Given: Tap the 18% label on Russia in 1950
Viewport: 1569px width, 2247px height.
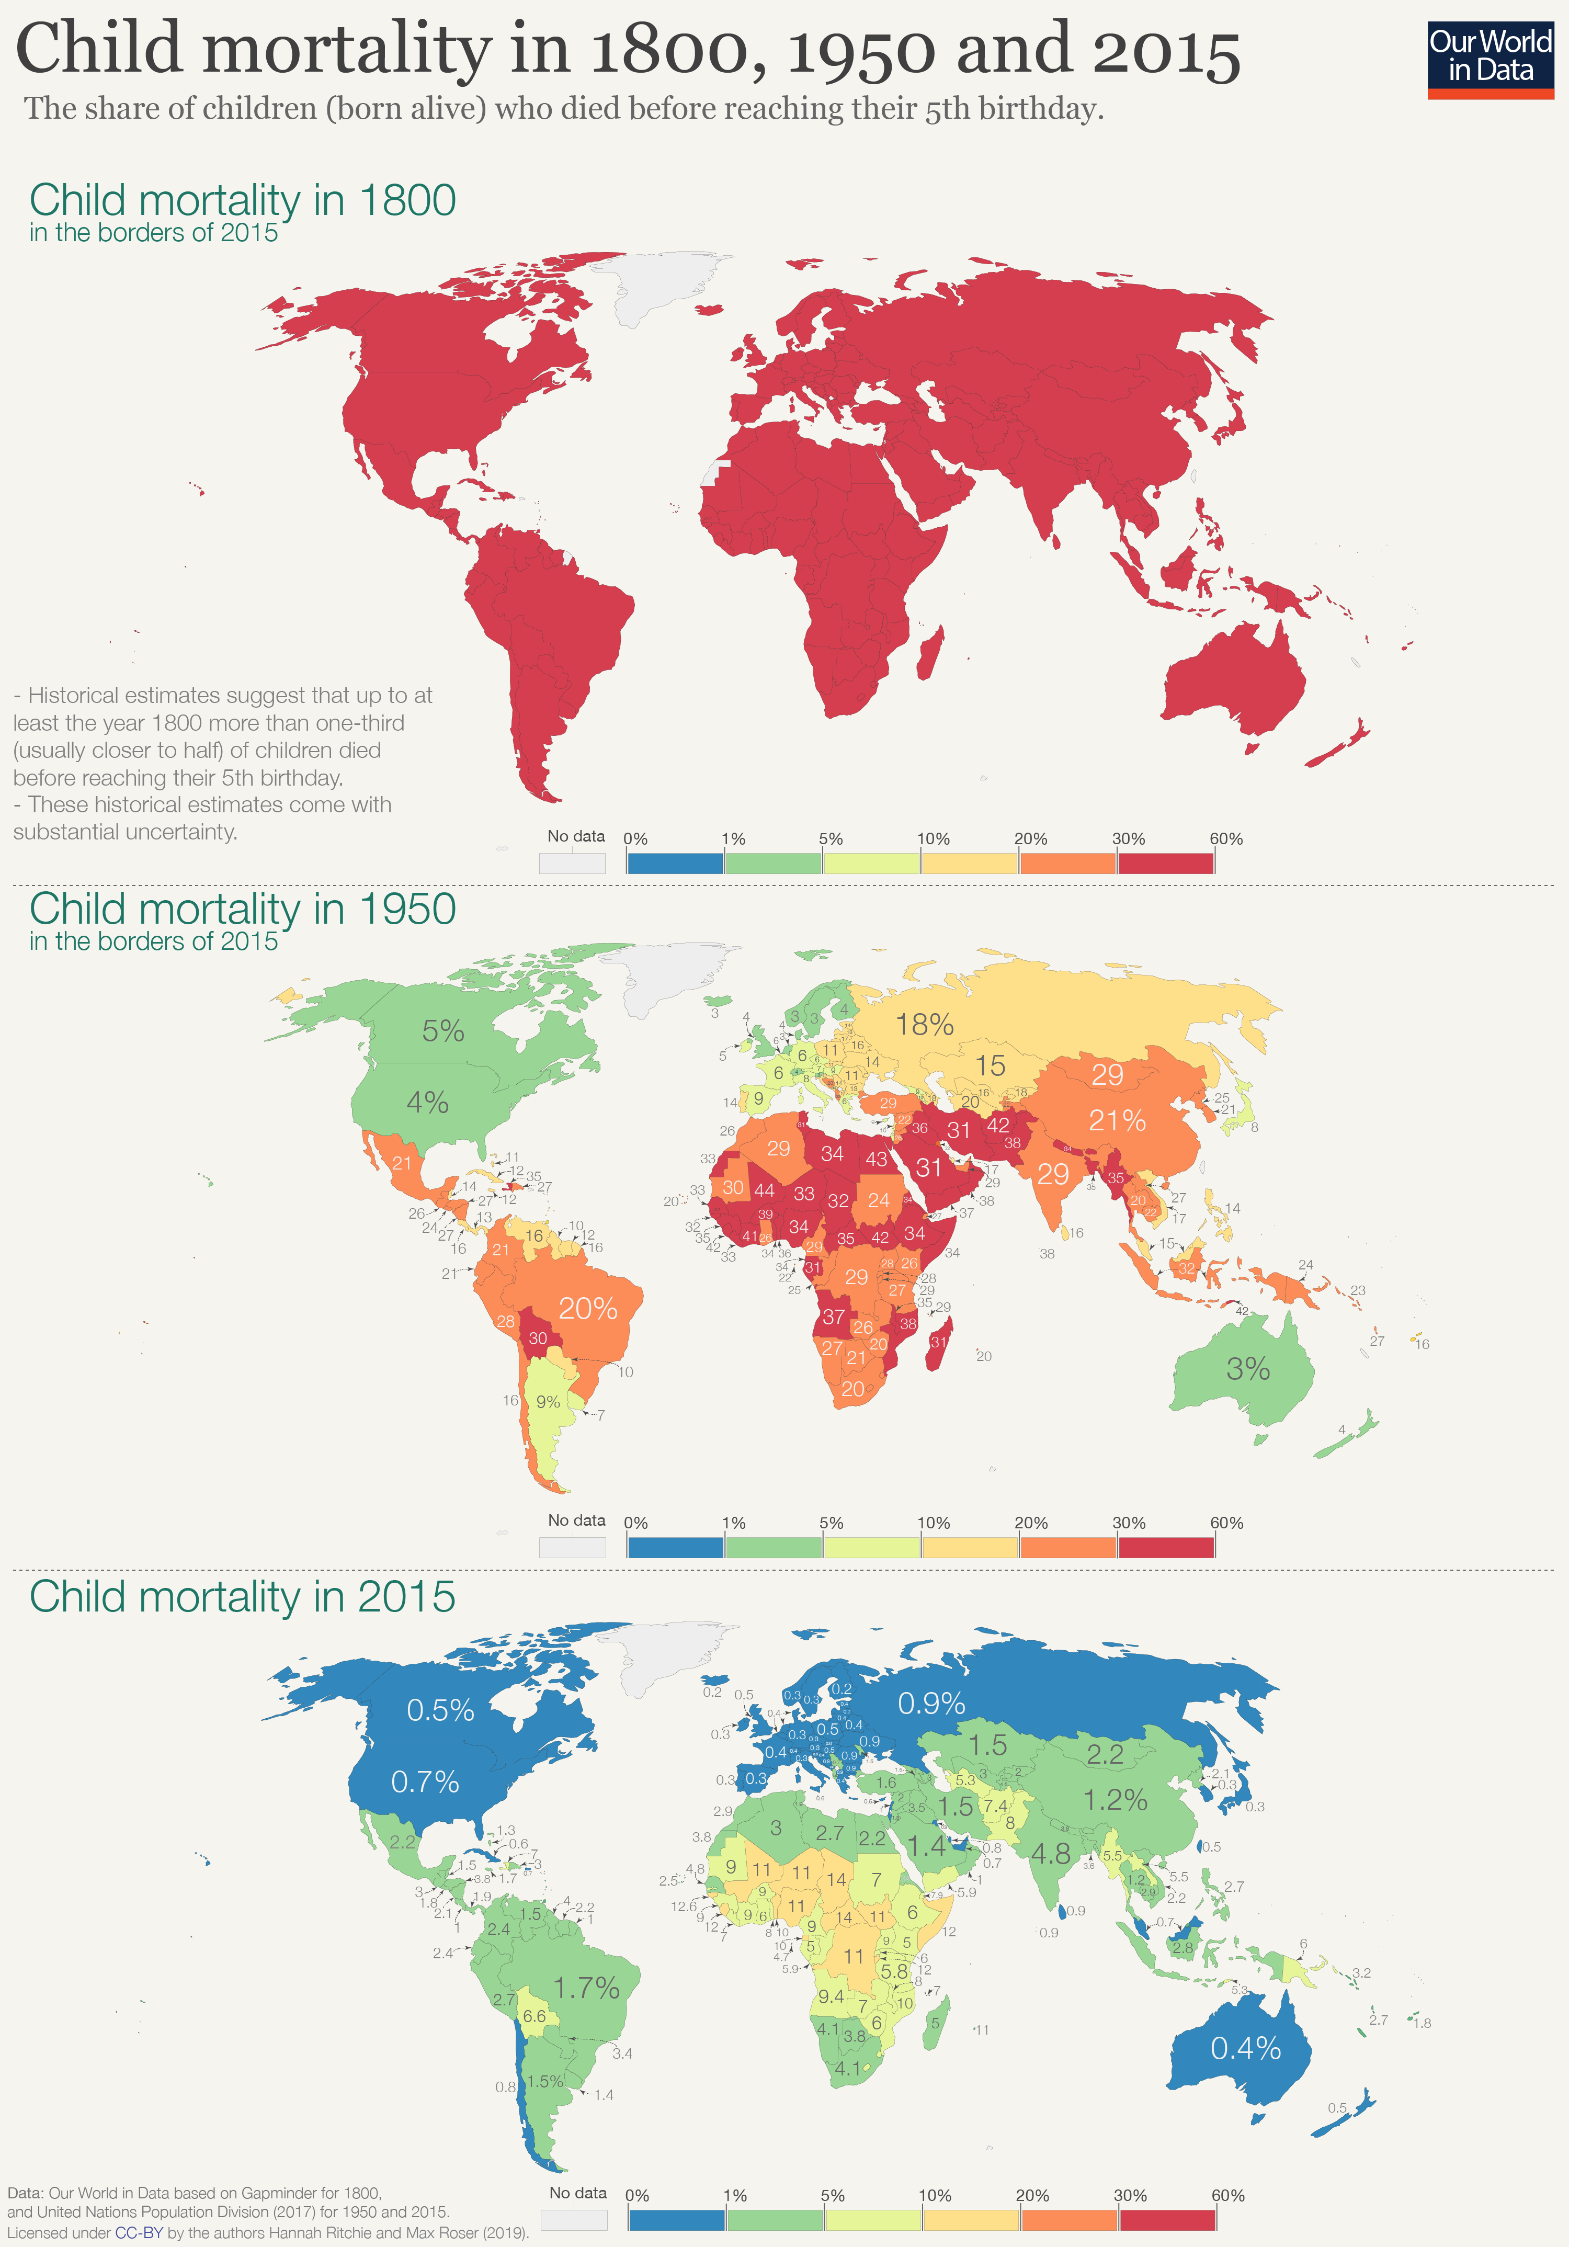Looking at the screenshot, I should point(924,1025).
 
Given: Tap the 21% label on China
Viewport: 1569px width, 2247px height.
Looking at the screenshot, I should point(1117,1120).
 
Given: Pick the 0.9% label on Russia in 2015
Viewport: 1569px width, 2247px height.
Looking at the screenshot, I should point(931,1704).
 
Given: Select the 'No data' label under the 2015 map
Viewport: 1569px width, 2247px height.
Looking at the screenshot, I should point(577,2193).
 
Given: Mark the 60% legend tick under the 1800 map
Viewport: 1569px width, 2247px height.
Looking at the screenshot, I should point(1225,839).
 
